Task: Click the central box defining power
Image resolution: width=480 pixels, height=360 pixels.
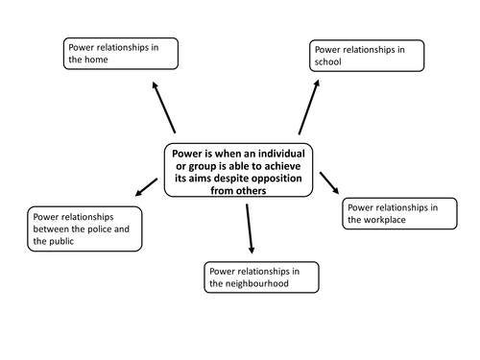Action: coord(239,171)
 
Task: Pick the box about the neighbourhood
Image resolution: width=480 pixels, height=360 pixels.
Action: coord(260,276)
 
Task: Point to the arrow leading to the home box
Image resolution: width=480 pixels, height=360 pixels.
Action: coord(164,108)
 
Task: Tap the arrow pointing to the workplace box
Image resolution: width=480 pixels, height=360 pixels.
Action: coord(330,182)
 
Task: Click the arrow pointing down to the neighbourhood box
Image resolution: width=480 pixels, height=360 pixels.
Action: coord(250,227)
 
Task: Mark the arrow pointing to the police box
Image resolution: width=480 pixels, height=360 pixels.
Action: coord(147,186)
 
